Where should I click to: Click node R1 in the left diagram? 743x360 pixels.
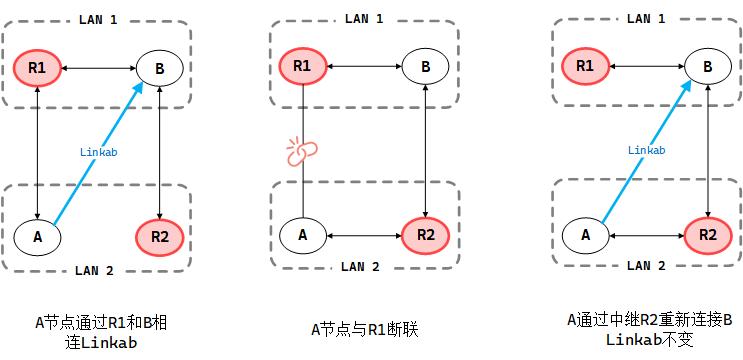37,69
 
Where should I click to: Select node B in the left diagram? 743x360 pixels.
161,69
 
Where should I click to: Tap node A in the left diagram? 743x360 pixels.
37,237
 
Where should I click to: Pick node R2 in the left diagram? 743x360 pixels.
161,237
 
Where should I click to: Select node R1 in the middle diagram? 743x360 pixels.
302,67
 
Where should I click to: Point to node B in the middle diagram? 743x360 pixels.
426,67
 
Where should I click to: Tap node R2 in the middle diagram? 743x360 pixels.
426,235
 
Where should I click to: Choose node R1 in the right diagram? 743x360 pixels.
585,67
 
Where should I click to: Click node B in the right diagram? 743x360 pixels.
708,67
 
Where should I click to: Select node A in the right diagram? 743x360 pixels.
585,235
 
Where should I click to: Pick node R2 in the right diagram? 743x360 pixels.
708,235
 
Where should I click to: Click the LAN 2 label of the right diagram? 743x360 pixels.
645,266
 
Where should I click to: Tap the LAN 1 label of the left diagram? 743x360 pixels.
98,19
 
